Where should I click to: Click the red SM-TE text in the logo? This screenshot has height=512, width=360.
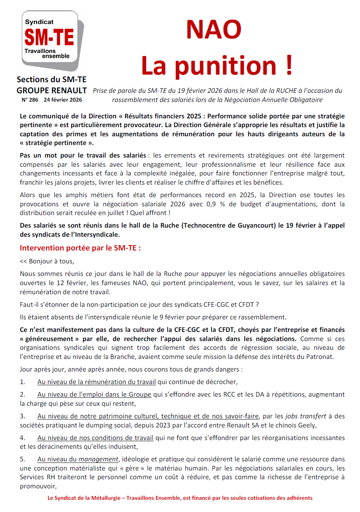(49, 37)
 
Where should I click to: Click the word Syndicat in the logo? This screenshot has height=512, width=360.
(39, 22)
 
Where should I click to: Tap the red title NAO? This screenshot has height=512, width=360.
(213, 29)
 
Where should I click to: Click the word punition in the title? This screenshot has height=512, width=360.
(225, 66)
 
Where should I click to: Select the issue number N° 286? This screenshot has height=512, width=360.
(30, 100)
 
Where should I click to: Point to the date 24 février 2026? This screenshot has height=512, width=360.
(63, 100)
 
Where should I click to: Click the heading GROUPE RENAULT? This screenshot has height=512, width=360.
(52, 91)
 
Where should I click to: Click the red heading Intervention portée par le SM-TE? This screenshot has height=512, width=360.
(80, 248)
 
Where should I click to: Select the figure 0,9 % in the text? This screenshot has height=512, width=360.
(216, 204)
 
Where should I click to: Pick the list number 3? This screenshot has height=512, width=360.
(22, 416)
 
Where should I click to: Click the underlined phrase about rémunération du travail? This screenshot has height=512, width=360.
(97, 382)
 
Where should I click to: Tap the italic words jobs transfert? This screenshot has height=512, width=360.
(306, 416)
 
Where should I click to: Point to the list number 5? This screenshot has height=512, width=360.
(22, 459)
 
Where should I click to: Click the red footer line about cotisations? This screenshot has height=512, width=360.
(180, 498)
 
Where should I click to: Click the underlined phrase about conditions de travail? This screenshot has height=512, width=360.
(95, 438)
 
